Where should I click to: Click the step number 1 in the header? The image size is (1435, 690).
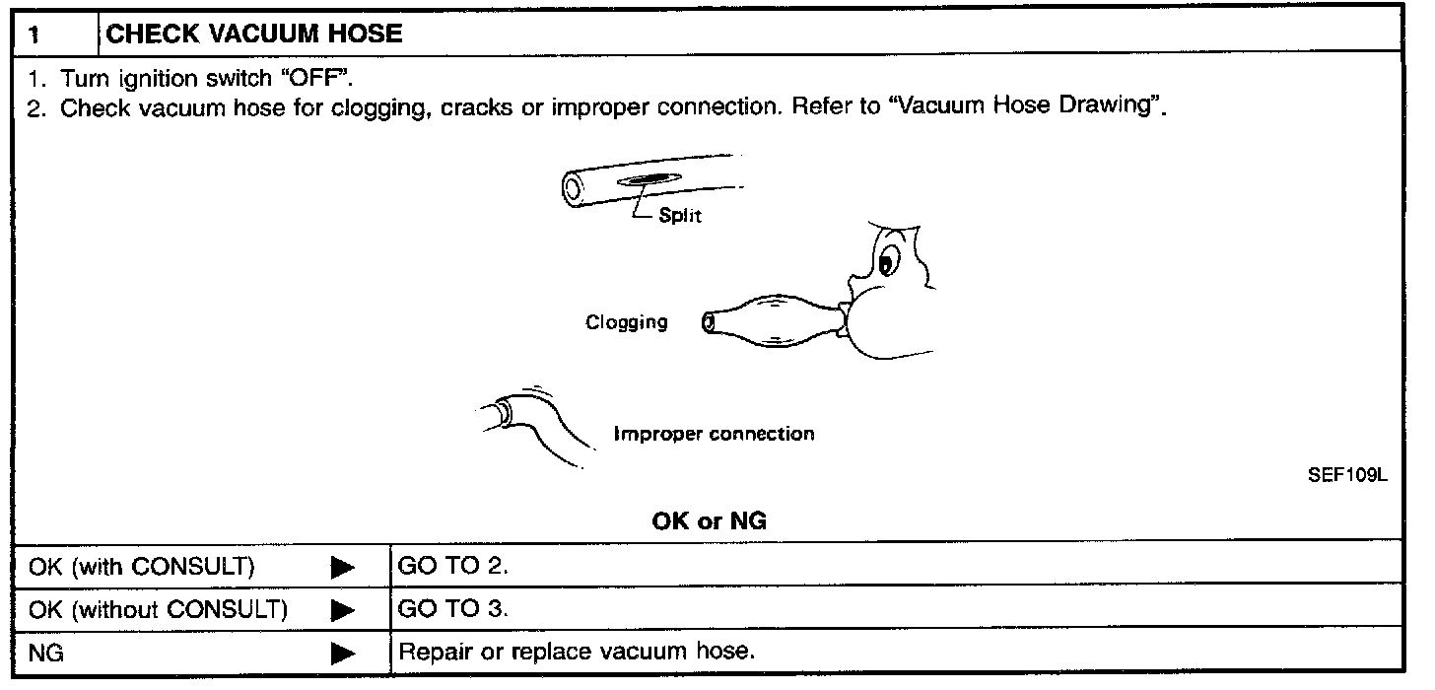click(34, 35)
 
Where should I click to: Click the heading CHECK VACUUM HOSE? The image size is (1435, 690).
click(253, 34)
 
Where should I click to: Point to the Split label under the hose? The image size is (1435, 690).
click(680, 215)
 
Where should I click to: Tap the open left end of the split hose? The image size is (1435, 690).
click(572, 186)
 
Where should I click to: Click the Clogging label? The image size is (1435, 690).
click(626, 322)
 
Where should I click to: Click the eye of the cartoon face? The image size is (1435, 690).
click(886, 263)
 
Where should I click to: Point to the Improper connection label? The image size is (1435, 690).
click(714, 434)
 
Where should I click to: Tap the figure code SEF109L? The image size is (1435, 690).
click(1346, 476)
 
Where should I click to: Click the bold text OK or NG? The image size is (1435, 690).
click(709, 522)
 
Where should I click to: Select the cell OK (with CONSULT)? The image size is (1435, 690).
click(142, 567)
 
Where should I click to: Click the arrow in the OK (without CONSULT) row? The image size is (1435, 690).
click(342, 610)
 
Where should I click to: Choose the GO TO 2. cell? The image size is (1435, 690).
click(453, 567)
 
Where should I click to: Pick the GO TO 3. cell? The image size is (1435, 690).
click(453, 610)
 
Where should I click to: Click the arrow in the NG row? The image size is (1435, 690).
click(342, 653)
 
